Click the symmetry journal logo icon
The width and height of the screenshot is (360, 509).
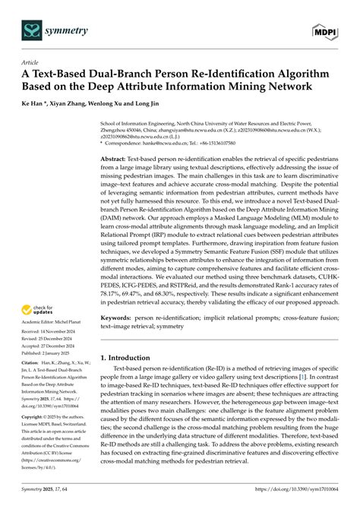point(32,30)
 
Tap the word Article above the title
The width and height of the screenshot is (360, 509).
point(31,64)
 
